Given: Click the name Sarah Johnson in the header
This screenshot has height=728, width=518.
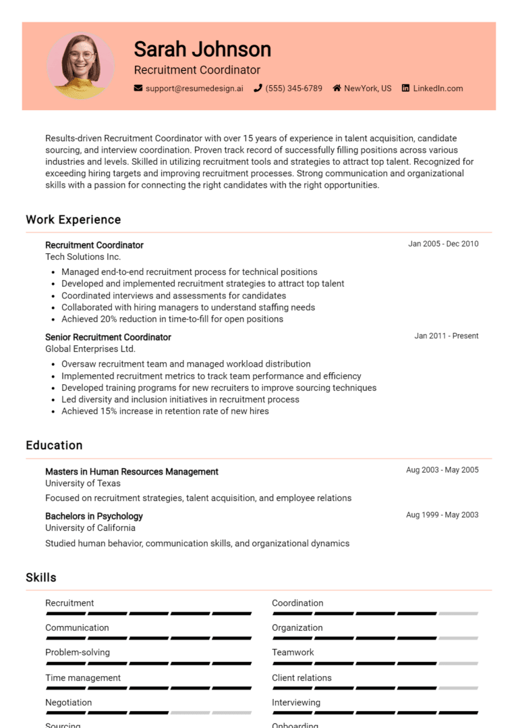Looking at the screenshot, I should tap(202, 49).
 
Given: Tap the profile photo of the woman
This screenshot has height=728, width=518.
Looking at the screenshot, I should tap(81, 66).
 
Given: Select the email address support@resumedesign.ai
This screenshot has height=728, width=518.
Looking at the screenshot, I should tap(194, 88).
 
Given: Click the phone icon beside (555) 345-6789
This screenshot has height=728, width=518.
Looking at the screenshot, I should tap(258, 88).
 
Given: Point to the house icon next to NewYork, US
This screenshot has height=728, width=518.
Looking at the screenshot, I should tap(337, 88).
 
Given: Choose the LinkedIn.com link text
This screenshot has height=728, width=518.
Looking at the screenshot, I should tap(438, 88).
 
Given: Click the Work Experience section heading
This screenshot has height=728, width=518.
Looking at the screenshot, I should tap(74, 219).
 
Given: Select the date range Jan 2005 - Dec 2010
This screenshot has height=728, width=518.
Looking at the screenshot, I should tap(443, 244).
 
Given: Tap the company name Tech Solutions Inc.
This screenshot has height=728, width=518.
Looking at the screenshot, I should tap(83, 257).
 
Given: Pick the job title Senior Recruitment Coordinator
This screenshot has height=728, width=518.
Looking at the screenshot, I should tap(108, 337).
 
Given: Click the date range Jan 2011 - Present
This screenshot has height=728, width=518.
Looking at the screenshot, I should tap(447, 336).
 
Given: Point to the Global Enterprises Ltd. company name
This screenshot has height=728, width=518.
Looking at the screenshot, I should tap(90, 349).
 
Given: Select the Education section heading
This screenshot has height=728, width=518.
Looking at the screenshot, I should tap(54, 445).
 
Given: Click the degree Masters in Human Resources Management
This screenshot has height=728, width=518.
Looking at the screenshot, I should tap(132, 471).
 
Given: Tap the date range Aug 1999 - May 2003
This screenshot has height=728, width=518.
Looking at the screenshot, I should tap(442, 515).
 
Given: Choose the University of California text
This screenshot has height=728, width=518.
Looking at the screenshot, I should tap(90, 527).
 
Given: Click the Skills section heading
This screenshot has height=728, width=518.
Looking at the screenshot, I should tap(41, 577).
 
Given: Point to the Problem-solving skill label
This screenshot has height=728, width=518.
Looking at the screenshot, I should tap(78, 652).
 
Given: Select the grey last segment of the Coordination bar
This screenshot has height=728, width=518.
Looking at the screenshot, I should tap(458, 614).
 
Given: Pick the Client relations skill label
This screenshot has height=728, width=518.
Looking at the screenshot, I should tap(301, 677).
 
